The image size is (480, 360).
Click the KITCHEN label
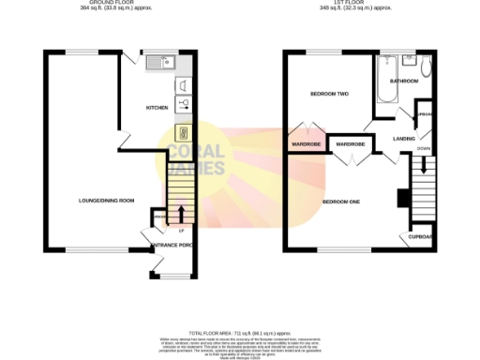[156, 109]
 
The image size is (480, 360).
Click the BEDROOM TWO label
[330, 95]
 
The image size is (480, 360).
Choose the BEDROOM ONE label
[343, 202]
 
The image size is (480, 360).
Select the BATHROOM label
[405, 82]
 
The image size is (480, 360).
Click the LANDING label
[404, 139]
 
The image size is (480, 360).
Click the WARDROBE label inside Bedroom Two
[307, 144]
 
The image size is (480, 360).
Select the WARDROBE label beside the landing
[350, 143]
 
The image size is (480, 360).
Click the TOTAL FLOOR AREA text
[240, 333]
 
